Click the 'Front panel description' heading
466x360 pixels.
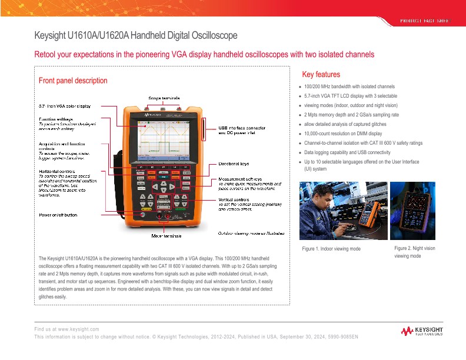click(73, 81)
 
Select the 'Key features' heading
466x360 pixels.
click(321, 75)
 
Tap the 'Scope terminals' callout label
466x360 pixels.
click(163, 98)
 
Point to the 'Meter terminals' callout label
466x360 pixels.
click(167, 236)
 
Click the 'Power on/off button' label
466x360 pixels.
click(58, 215)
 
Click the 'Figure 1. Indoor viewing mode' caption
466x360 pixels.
click(331, 249)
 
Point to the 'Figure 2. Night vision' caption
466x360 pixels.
click(414, 249)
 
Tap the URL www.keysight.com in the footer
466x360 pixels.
click(79, 329)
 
